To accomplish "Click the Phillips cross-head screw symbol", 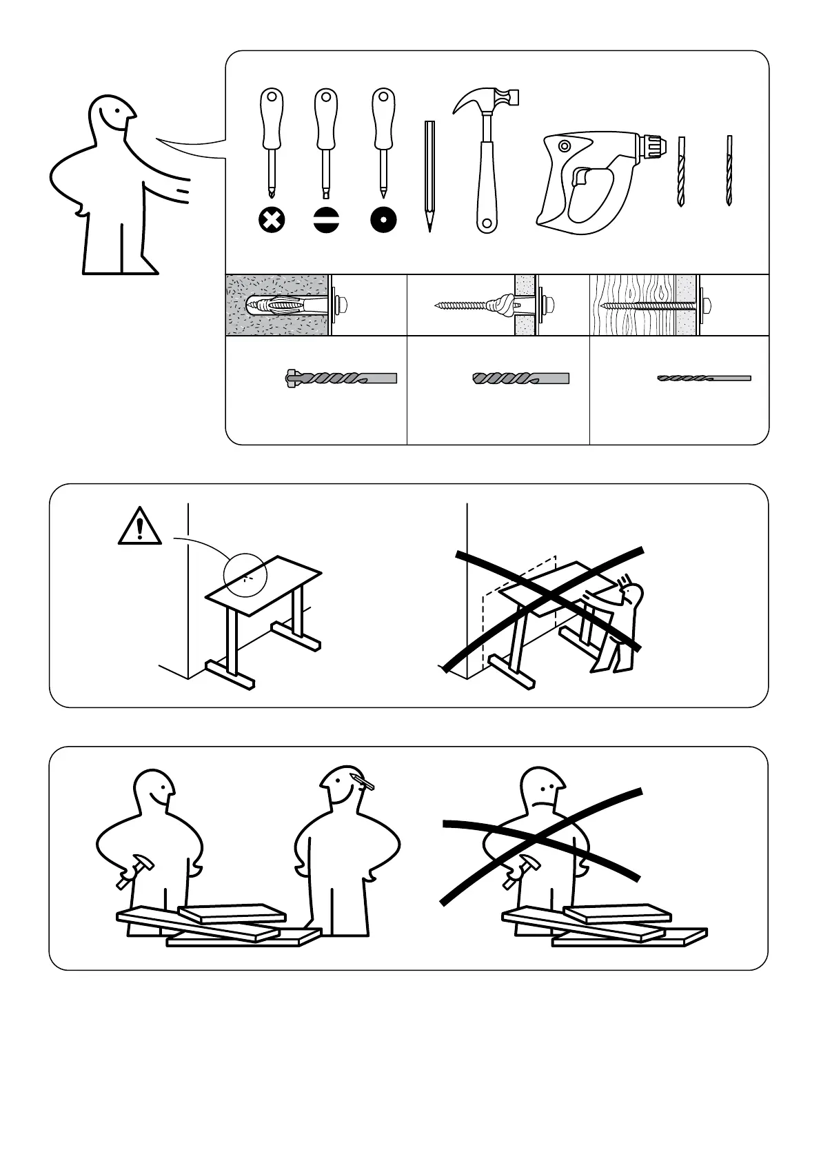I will coord(272,221).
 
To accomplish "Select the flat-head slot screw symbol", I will coord(326,221).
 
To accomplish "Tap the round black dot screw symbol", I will coord(383,221).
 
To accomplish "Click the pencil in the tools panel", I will coord(429,175).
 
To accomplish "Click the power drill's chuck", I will coord(653,145).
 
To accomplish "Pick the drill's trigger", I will coord(580,177).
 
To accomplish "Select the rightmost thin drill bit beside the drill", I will coord(729,170).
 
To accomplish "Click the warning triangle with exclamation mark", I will coord(140,527).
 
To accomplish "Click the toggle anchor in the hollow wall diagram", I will coord(501,304).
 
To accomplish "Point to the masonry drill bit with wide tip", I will coord(341,378).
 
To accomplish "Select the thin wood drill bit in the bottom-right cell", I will coord(704,378).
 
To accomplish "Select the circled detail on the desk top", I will coord(245,574).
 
